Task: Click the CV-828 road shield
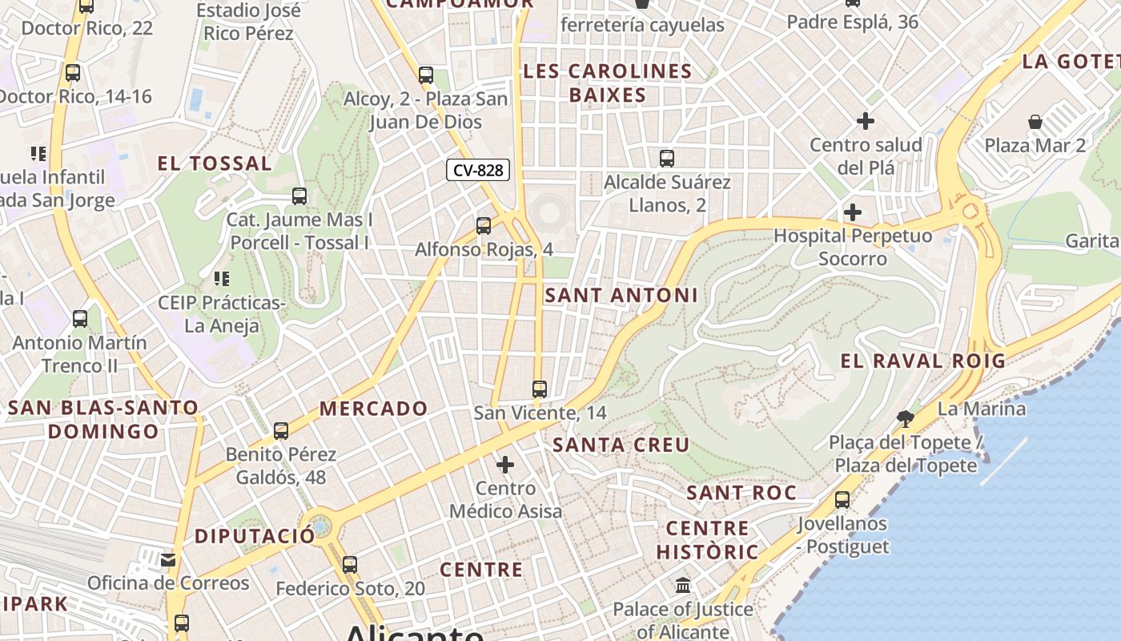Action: (478, 170)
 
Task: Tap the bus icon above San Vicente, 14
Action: (540, 389)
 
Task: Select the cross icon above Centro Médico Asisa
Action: (505, 465)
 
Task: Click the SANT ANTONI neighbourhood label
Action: (621, 295)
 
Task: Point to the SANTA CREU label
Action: (621, 445)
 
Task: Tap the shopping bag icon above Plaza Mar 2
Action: (1035, 122)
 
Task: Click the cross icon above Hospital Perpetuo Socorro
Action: (853, 212)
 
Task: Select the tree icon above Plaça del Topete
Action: (906, 418)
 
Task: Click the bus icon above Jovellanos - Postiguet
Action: (842, 500)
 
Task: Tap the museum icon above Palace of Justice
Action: (683, 586)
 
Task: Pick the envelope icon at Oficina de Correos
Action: (168, 559)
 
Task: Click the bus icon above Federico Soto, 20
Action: (350, 565)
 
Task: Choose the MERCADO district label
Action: (374, 409)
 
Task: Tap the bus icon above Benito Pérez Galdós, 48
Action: (281, 431)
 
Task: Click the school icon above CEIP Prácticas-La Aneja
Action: (221, 279)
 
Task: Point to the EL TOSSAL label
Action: (215, 164)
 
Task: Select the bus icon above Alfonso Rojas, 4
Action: (484, 226)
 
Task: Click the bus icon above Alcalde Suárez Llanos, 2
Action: (667, 159)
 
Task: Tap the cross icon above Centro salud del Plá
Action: (866, 121)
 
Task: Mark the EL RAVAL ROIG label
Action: (922, 361)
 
